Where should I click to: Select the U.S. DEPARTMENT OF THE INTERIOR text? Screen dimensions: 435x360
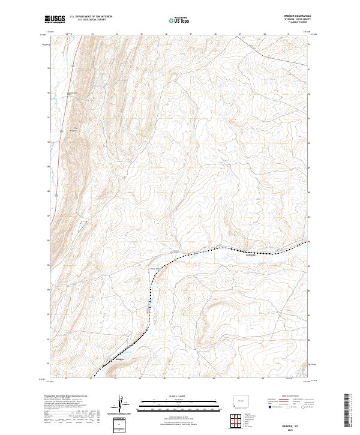pos(91,16)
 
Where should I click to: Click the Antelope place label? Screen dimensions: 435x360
pos(250,255)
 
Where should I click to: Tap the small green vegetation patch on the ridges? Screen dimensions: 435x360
pos(145,128)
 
